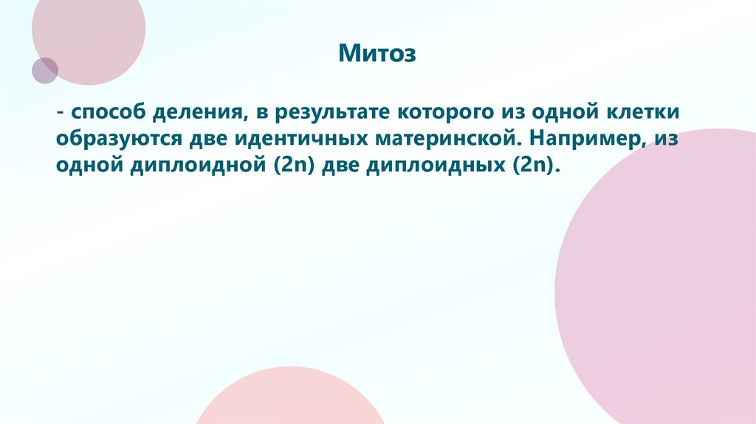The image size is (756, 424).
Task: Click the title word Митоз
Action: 378,53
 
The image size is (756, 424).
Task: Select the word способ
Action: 111,113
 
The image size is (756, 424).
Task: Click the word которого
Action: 445,113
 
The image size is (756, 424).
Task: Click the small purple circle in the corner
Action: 44,70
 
